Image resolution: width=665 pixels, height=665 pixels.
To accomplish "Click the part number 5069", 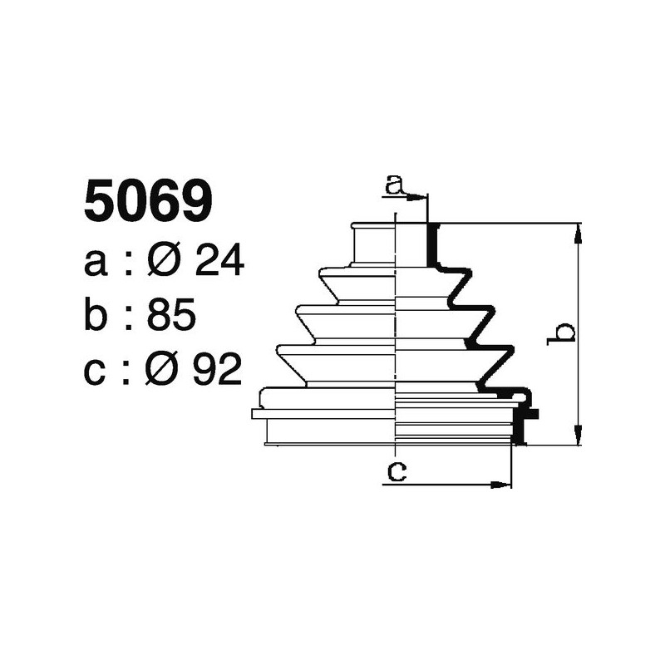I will [149, 202].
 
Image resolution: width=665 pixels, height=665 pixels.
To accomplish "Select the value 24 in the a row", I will [218, 263].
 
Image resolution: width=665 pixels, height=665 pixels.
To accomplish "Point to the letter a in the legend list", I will [97, 265].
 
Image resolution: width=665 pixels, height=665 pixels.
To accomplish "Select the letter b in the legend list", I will [98, 316].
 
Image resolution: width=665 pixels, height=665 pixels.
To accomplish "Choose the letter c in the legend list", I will [97, 372].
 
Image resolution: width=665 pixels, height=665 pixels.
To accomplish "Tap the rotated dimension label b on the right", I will [564, 332].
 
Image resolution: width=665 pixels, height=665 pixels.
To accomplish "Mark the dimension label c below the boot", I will [397, 472].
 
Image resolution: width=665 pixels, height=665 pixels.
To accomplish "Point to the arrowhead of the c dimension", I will [503, 484].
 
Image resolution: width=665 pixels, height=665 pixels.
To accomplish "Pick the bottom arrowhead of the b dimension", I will [579, 437].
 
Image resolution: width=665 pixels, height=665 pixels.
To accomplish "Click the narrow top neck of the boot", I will [374, 245].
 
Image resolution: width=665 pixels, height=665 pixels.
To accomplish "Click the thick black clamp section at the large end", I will [521, 424].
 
